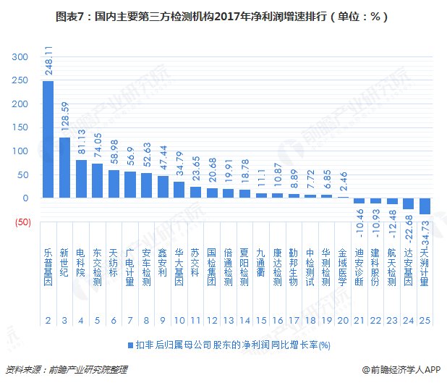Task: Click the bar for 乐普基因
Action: tap(48, 139)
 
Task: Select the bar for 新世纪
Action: tap(64, 167)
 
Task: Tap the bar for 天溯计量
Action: tap(425, 206)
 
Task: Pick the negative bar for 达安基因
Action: tap(408, 203)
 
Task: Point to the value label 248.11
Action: tap(48, 61)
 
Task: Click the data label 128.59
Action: tap(65, 117)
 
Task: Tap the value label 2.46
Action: tap(344, 181)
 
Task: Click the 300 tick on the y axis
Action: tap(20, 56)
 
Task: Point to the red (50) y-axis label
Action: tap(23, 222)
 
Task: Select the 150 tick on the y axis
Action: tap(20, 127)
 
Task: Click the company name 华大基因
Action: tap(179, 267)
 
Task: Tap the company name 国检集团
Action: tap(211, 267)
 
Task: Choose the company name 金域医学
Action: tap(342, 267)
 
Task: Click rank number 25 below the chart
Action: tap(425, 321)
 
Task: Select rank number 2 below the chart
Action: tap(48, 321)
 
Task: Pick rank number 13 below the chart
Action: tap(229, 321)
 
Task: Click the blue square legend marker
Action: tap(131, 345)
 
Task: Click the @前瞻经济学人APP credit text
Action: tap(401, 370)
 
